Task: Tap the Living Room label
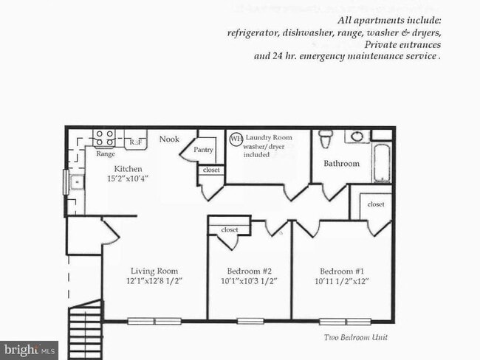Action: tap(154, 271)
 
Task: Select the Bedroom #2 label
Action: tap(248, 271)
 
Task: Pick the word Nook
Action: tap(169, 139)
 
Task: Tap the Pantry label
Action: tap(203, 150)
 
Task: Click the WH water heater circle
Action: tap(236, 138)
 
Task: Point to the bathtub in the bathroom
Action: tap(382, 163)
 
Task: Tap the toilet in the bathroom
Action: tap(326, 139)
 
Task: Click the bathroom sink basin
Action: tap(357, 136)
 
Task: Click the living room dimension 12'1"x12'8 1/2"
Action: tap(154, 282)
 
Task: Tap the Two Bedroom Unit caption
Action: tap(356, 337)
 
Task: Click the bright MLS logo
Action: tap(29, 348)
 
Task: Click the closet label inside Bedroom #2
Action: tap(229, 230)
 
